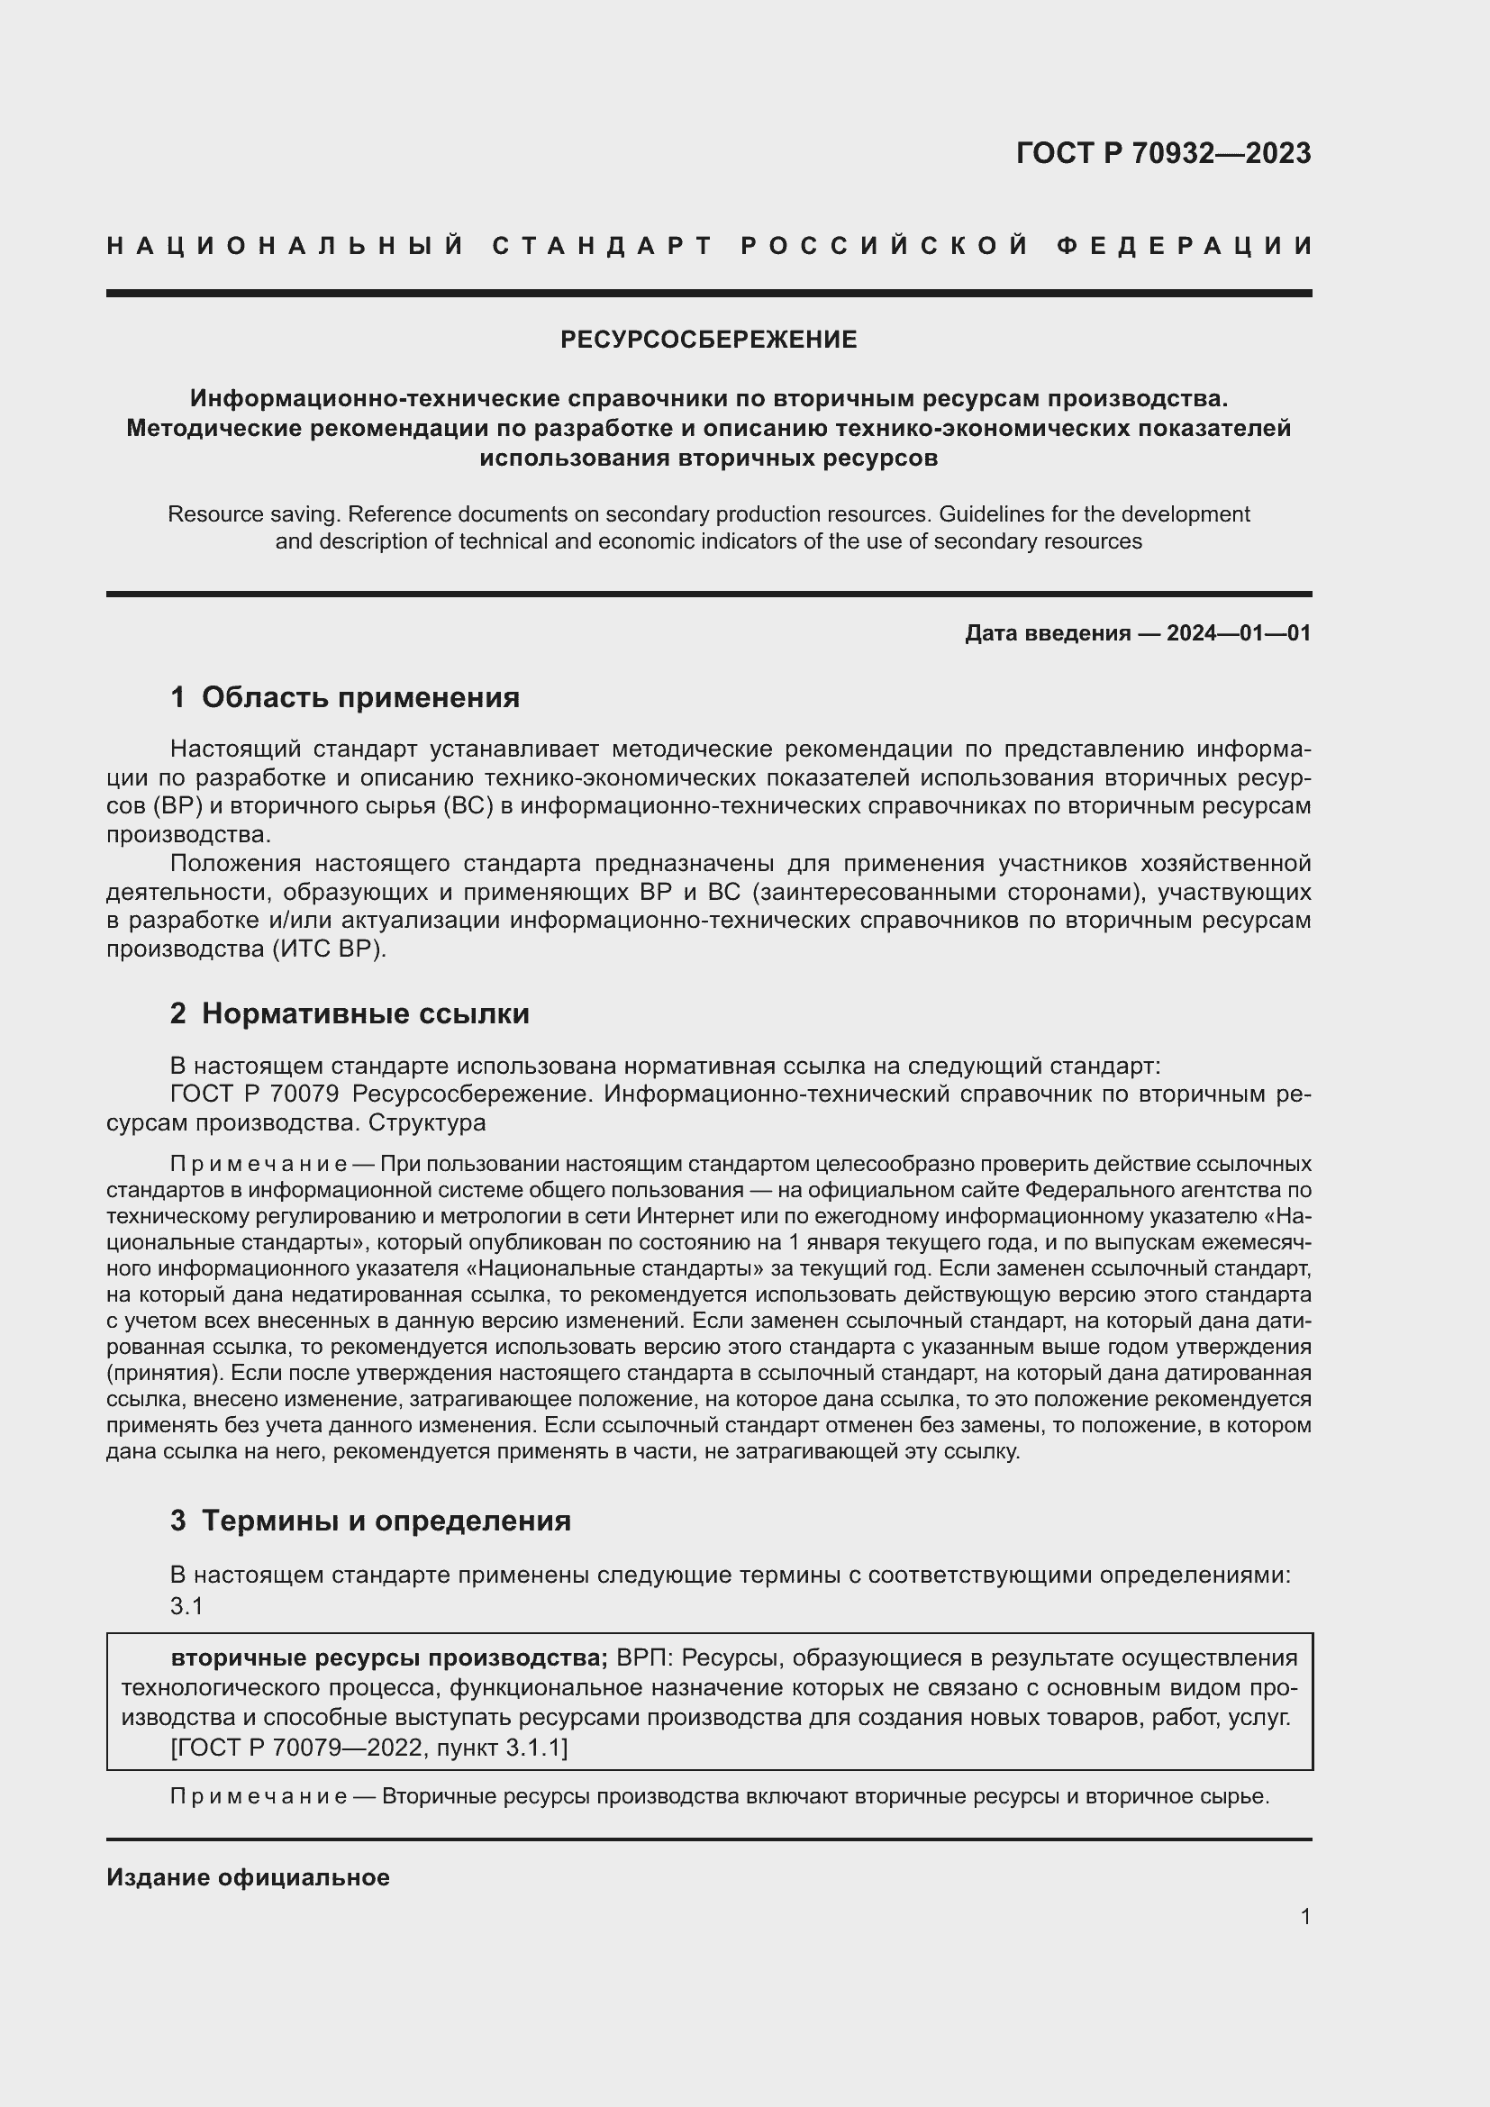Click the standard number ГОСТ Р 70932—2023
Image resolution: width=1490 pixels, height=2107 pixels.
coord(1162,153)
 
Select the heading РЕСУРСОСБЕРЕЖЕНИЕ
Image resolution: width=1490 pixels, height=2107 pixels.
coord(708,340)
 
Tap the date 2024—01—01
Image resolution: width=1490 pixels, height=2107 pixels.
coord(1238,633)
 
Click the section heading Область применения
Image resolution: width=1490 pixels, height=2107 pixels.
coord(359,697)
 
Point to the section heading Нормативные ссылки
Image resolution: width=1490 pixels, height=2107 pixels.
coord(365,1013)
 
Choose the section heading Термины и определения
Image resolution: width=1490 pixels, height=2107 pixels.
coord(386,1521)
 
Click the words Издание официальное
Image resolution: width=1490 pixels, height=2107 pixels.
coord(248,1877)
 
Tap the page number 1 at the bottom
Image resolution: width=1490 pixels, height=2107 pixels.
coord(1304,1916)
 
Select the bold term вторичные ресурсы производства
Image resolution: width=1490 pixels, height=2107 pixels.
coord(388,1658)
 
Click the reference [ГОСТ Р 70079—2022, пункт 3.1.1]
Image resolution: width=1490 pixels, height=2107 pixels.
coord(368,1748)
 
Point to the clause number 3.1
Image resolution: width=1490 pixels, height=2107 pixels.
coord(186,1606)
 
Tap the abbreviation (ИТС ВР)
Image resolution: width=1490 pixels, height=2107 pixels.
coord(330,949)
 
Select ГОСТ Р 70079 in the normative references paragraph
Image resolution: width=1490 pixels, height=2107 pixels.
coord(255,1094)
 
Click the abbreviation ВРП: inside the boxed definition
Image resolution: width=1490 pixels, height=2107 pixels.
coord(645,1658)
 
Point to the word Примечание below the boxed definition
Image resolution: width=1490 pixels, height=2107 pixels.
coord(258,1797)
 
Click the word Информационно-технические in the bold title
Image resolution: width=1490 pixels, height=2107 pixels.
coord(376,398)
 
